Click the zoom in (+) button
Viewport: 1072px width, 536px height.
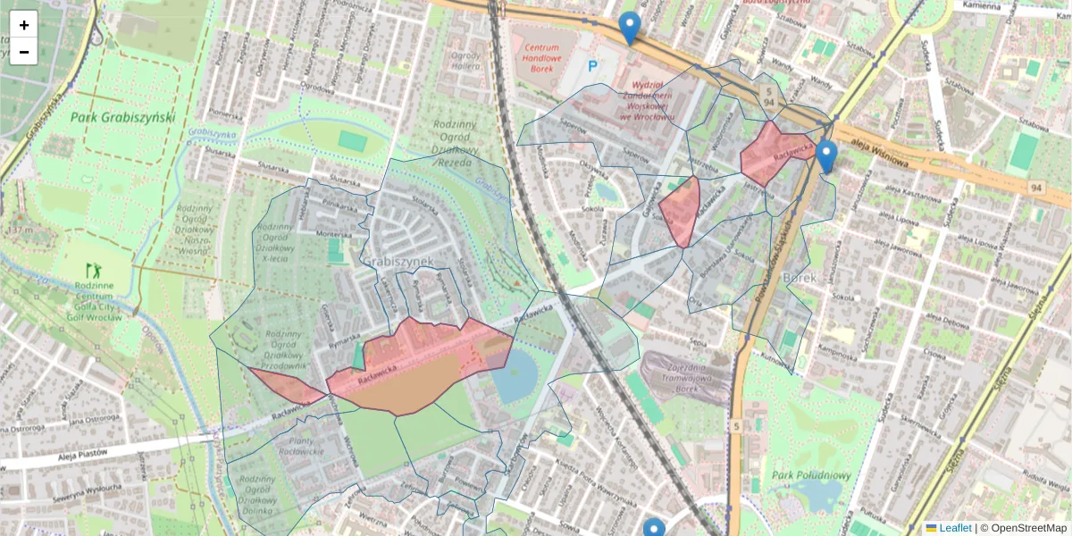point(24,24)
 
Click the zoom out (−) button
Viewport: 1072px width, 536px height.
point(24,52)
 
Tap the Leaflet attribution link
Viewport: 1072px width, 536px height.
point(955,528)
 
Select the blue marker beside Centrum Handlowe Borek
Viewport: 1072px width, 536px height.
point(629,27)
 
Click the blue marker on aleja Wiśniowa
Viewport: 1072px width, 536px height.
point(826,155)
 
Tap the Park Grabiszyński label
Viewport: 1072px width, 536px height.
point(123,118)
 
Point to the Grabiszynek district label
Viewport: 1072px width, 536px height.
point(398,261)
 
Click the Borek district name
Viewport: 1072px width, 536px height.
point(800,278)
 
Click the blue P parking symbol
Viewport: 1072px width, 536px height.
point(592,65)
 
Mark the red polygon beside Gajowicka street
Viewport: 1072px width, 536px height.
point(682,209)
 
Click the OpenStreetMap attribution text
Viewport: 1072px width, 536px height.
point(1027,528)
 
